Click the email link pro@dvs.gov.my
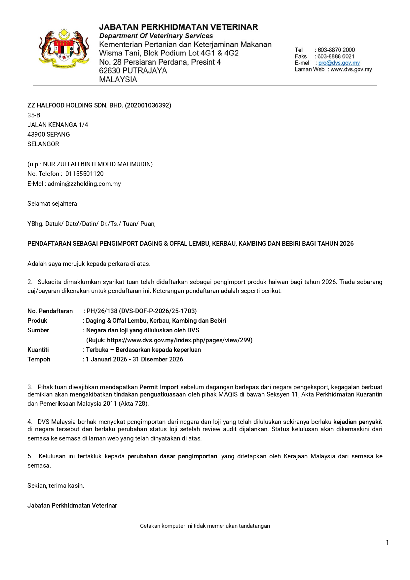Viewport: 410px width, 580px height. [x=339, y=63]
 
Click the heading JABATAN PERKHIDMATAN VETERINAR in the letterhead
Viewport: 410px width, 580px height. [x=178, y=27]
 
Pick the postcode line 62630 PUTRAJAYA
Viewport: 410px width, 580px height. [x=133, y=71]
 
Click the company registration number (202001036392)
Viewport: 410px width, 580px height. [x=148, y=105]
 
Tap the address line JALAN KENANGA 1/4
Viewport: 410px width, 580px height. [x=58, y=125]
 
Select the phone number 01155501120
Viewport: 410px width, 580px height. [x=85, y=174]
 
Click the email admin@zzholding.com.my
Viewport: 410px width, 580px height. [x=84, y=184]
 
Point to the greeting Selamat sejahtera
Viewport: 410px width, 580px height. [x=52, y=204]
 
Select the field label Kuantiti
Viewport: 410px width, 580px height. [x=38, y=350]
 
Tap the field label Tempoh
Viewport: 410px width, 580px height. [x=39, y=359]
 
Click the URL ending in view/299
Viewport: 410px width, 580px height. [x=179, y=340]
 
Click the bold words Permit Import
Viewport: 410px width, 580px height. [x=159, y=387]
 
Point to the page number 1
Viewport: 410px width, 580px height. [x=387, y=543]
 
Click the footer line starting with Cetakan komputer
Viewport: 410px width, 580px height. [x=205, y=526]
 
